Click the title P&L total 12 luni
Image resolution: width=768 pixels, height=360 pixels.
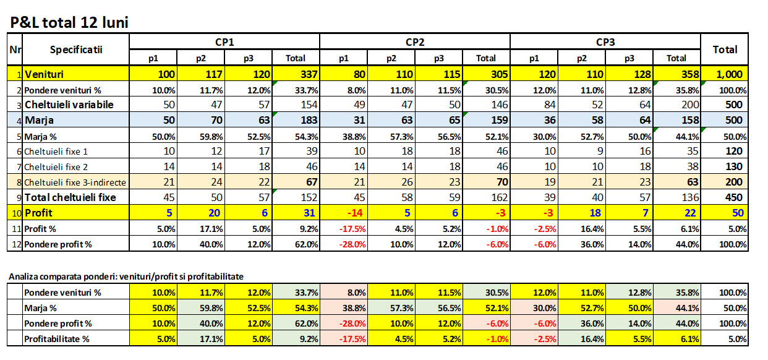pyautogui.click(x=69, y=23)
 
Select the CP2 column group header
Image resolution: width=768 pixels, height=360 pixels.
pyautogui.click(x=414, y=42)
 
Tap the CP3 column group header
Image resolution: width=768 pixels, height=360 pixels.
pyautogui.click(x=605, y=42)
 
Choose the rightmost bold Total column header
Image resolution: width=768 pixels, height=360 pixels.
pyautogui.click(x=725, y=49)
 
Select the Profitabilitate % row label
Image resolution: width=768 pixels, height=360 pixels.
pyautogui.click(x=56, y=338)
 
